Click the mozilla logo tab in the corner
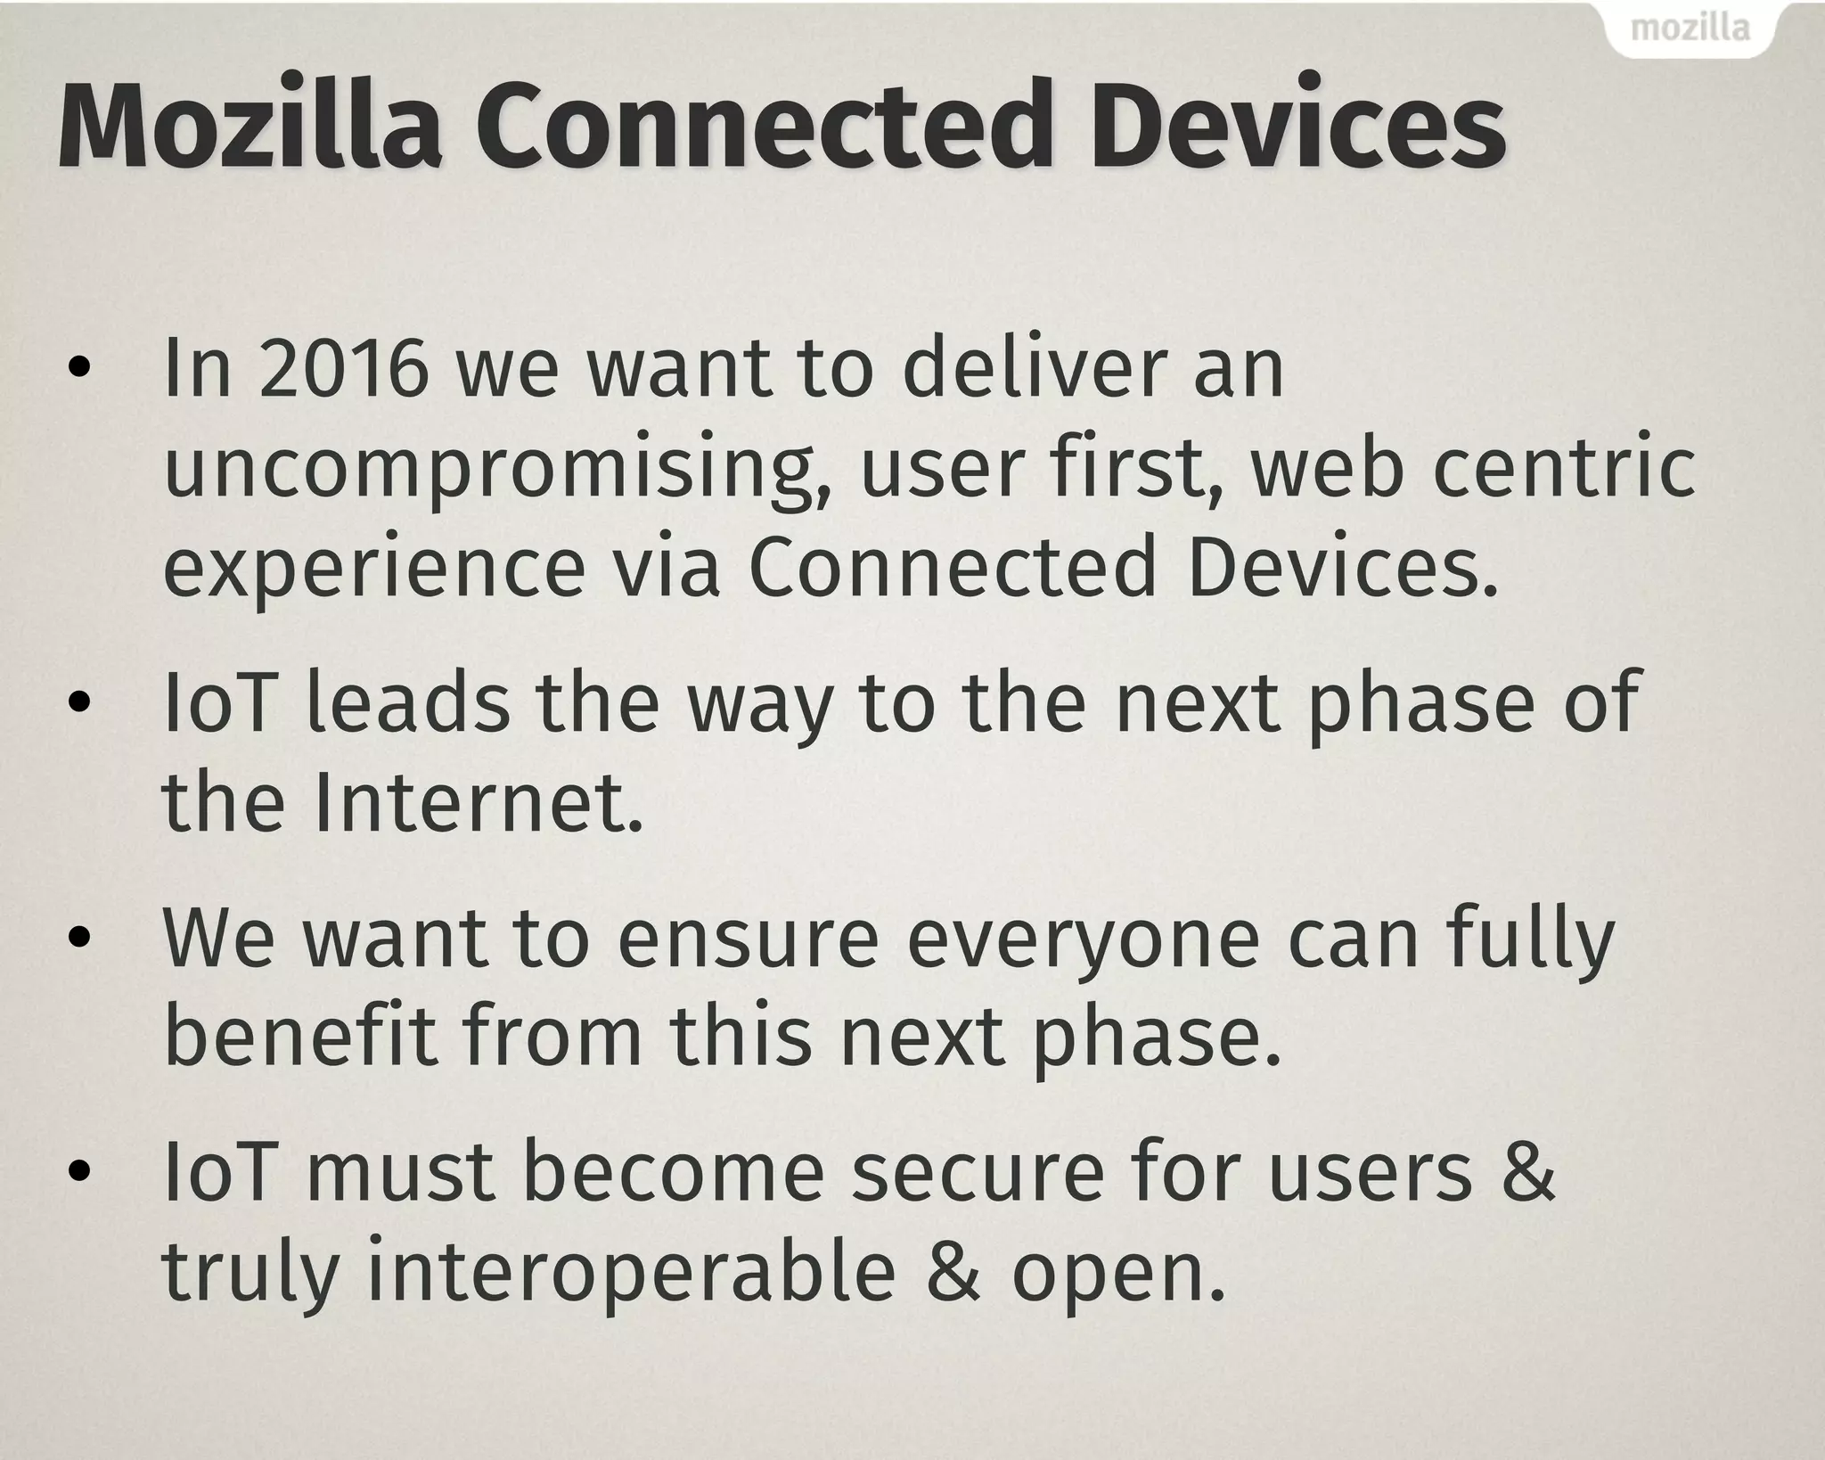click(1690, 29)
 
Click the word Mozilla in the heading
click(250, 125)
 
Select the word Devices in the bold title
click(1299, 125)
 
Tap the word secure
click(978, 1173)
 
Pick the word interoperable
click(631, 1275)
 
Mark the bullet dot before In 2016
click(79, 369)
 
